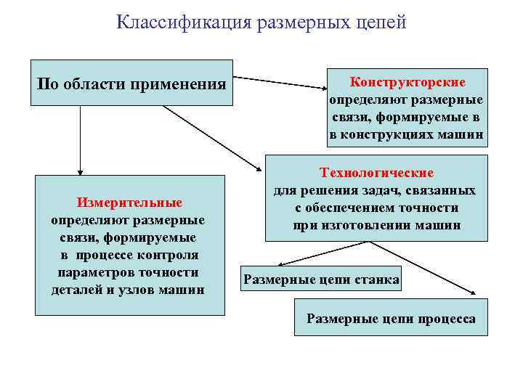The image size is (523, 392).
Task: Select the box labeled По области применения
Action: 131,83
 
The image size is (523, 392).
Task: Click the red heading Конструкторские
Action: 408,82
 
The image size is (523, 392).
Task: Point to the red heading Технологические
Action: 377,173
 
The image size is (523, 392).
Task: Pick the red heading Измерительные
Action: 130,203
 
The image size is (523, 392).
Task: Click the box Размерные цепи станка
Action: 321,279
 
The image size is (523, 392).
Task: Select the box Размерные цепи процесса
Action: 391,318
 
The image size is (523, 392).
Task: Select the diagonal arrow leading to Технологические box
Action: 214,138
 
